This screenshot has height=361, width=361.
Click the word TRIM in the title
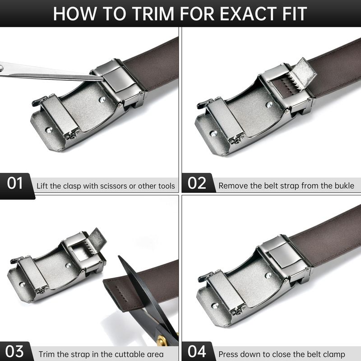pyautogui.click(x=153, y=14)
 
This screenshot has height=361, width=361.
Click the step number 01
pyautogui.click(x=15, y=183)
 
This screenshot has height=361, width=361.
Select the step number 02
pyautogui.click(x=197, y=183)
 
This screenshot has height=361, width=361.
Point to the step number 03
pyautogui.click(x=14, y=352)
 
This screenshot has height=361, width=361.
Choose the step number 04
pyautogui.click(x=197, y=352)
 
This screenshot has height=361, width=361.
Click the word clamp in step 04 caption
pyautogui.click(x=334, y=354)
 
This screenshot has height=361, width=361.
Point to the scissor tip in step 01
pyautogui.click(x=103, y=79)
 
